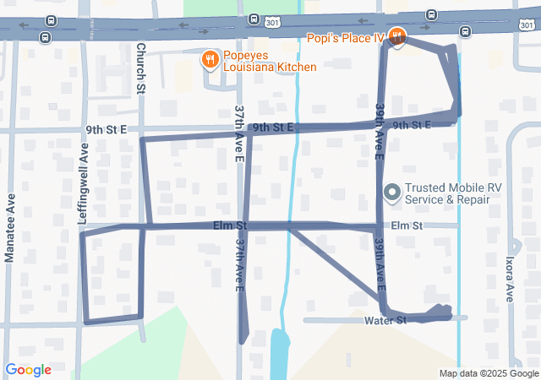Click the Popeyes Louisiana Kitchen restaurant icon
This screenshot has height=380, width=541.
(x=209, y=60)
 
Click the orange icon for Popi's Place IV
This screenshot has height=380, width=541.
(x=398, y=36)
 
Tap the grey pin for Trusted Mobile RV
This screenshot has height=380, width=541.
(x=391, y=193)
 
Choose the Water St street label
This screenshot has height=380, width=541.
(x=385, y=321)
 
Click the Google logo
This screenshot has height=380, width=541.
(x=28, y=369)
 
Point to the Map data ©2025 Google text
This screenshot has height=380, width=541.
(x=488, y=373)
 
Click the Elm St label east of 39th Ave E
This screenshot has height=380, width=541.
(x=406, y=225)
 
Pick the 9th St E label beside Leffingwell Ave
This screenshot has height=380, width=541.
(x=106, y=129)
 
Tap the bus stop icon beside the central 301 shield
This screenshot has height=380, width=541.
(x=254, y=19)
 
